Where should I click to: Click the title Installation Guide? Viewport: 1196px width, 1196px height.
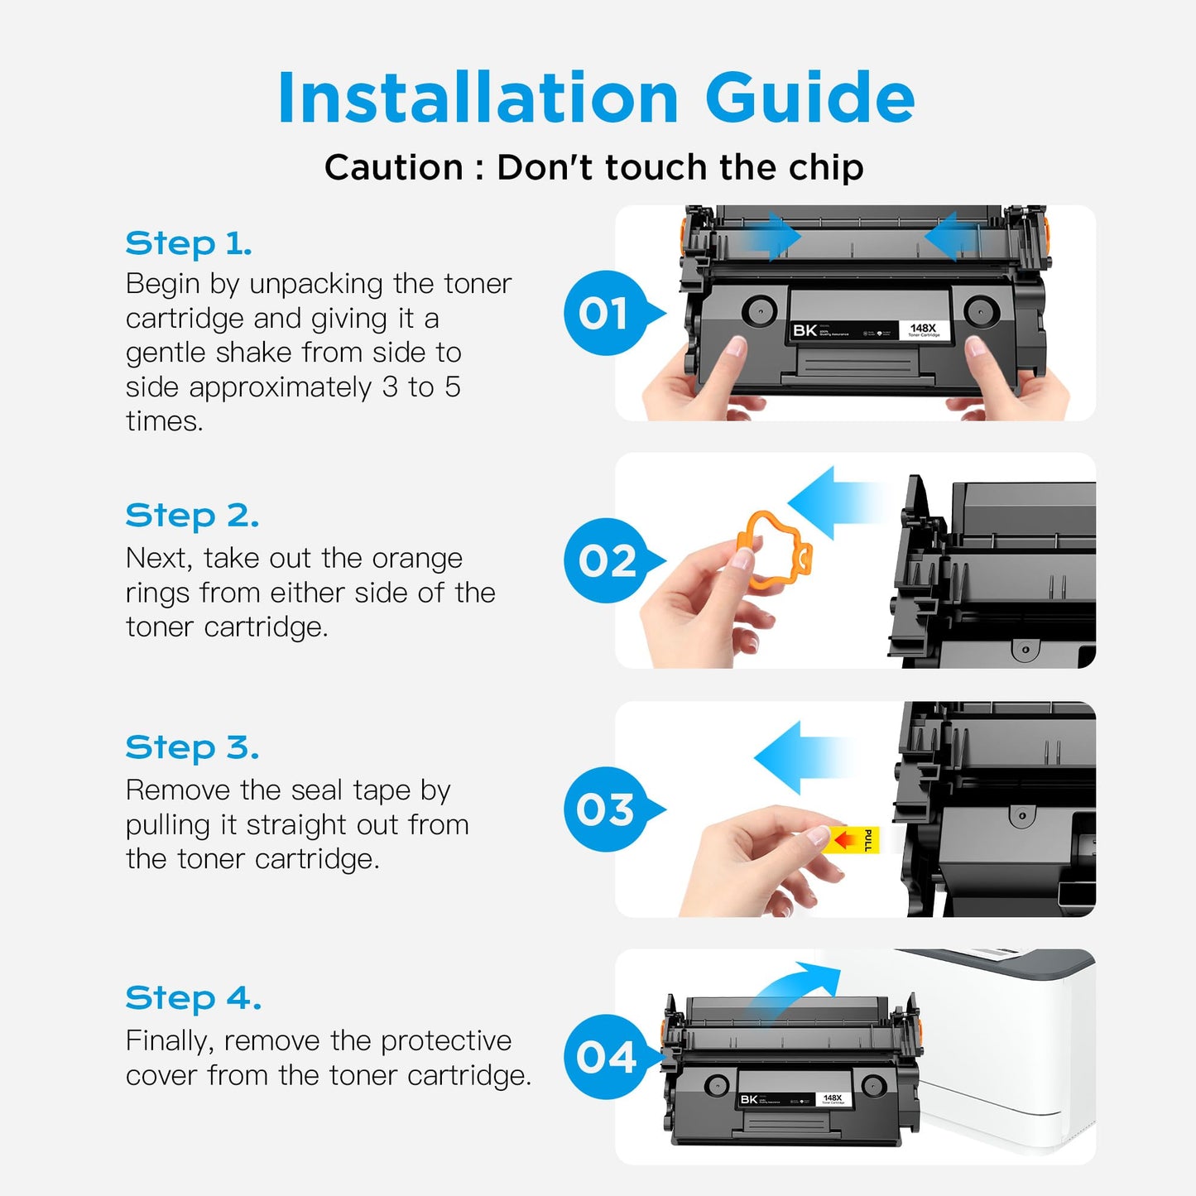pyautogui.click(x=596, y=98)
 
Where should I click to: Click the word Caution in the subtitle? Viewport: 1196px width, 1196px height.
pyautogui.click(x=393, y=167)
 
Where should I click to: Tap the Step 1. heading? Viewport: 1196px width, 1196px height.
pyautogui.click(x=189, y=243)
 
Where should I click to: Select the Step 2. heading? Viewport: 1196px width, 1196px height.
pyautogui.click(x=192, y=516)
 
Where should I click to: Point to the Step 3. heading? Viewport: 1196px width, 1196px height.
pyautogui.click(x=192, y=747)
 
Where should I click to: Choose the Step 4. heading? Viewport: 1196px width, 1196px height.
pyautogui.click(x=193, y=998)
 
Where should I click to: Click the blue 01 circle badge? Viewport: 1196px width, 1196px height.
pyautogui.click(x=607, y=314)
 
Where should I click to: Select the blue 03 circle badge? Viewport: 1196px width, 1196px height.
pyautogui.click(x=607, y=809)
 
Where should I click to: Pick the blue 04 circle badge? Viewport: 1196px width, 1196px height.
pyautogui.click(x=607, y=1057)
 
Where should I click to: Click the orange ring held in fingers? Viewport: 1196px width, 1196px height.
pyautogui.click(x=773, y=550)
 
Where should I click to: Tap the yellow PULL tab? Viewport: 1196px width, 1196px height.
pyautogui.click(x=853, y=840)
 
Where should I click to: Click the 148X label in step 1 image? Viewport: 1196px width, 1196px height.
pyautogui.click(x=923, y=329)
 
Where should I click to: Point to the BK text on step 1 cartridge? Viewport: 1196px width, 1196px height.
pyautogui.click(x=805, y=330)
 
